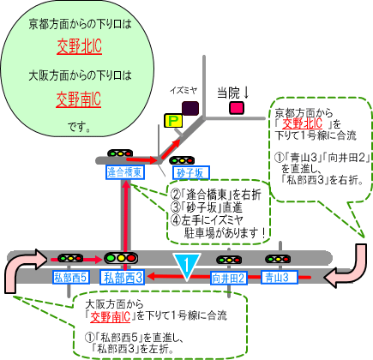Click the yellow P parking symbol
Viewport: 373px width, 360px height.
click(173, 121)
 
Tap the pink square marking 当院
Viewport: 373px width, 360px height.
click(237, 108)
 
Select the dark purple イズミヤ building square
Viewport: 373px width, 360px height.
click(190, 108)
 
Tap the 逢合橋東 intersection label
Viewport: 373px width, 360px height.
click(125, 172)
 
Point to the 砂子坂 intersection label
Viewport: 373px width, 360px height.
click(191, 173)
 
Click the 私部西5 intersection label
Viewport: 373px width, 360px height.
click(71, 277)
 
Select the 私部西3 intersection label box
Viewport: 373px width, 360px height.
click(122, 278)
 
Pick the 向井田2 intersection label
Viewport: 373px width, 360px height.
click(229, 278)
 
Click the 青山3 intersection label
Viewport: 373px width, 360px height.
click(280, 277)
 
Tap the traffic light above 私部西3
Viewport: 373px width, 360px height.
click(121, 258)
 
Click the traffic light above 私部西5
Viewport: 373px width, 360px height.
click(70, 259)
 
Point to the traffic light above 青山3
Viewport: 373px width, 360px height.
click(278, 259)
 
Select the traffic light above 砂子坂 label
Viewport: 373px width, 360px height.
click(182, 160)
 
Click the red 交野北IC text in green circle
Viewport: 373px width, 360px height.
click(79, 46)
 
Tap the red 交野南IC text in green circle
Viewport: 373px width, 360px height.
click(79, 99)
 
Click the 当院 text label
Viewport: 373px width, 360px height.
click(229, 93)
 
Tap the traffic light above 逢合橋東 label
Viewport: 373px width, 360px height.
click(120, 153)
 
